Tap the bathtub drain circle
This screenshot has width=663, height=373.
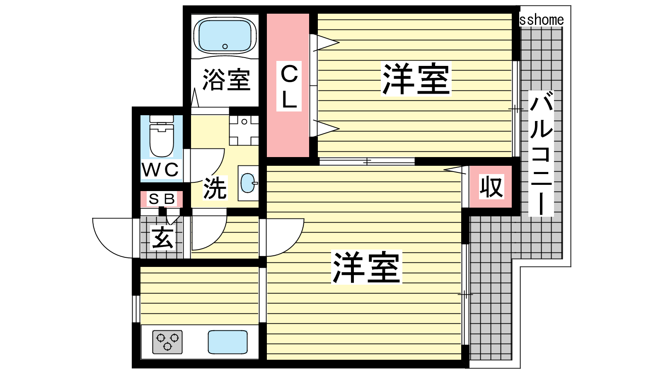225,46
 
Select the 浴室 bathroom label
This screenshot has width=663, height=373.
227,79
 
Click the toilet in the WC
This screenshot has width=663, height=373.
161,136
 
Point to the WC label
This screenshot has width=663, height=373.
160,170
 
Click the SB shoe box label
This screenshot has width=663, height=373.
162,199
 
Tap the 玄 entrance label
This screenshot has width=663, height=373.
162,237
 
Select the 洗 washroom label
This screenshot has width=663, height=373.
215,188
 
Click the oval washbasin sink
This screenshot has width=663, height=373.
248,183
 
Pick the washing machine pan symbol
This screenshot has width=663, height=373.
244,130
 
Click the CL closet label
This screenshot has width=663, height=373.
289,87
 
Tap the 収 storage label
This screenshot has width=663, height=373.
491,187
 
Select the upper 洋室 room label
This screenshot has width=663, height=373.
416,79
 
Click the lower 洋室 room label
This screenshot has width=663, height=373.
366,267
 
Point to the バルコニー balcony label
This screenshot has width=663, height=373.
541,153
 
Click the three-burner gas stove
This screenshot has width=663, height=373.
167,342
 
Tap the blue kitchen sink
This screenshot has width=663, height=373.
227,342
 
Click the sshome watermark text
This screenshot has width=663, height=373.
541,20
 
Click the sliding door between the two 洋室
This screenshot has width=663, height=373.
367,162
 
